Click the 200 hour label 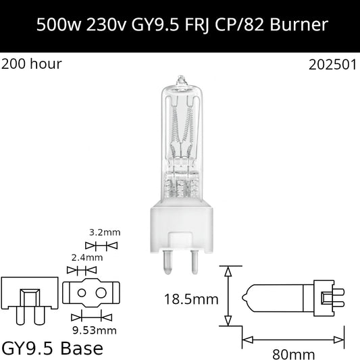[32, 65]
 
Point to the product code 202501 [330, 66]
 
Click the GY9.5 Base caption [53, 349]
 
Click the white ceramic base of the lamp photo [180, 222]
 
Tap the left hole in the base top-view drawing [80, 294]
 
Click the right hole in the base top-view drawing [103, 294]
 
